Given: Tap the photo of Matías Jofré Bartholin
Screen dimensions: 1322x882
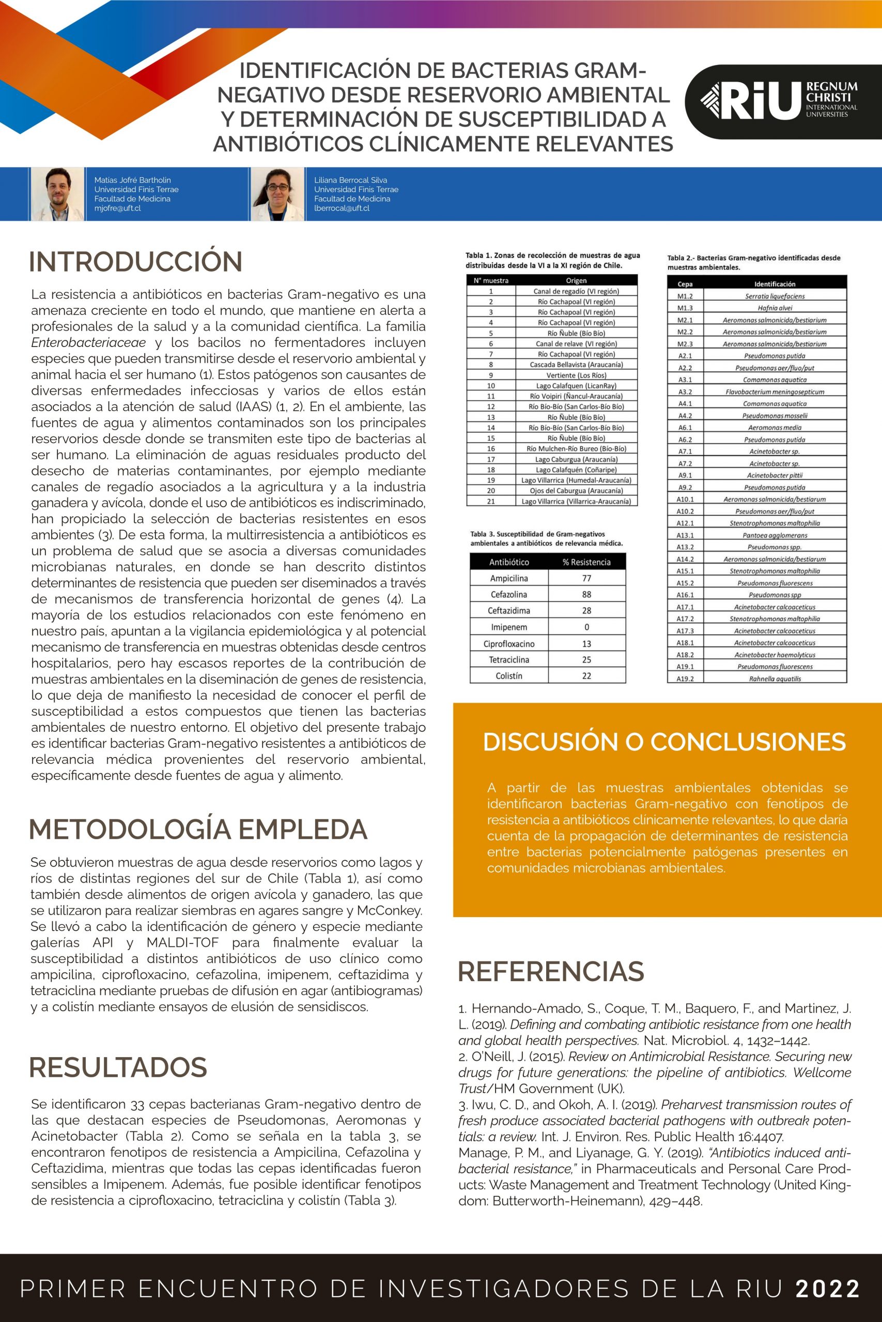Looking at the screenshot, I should pyautogui.click(x=57, y=194).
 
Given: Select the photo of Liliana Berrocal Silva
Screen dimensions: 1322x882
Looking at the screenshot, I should pyautogui.click(x=277, y=194).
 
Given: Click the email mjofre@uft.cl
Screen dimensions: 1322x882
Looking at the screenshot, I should pyautogui.click(x=118, y=209).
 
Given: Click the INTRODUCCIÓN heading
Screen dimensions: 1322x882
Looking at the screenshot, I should pyautogui.click(x=135, y=262).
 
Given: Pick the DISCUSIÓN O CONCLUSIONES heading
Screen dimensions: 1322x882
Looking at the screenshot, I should pyautogui.click(x=664, y=742).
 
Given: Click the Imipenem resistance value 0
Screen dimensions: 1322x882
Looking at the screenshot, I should pyautogui.click(x=586, y=627).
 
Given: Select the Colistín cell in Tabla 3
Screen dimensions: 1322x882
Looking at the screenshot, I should pyautogui.click(x=509, y=676).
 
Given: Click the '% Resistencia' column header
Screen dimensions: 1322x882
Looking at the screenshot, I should pyautogui.click(x=586, y=562).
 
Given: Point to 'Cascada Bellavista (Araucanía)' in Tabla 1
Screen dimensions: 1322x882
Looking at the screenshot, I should pyautogui.click(x=576, y=365).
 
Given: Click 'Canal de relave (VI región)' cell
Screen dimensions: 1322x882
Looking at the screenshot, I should pyautogui.click(x=576, y=343).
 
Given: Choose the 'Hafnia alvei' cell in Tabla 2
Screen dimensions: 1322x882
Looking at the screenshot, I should pyautogui.click(x=775, y=308).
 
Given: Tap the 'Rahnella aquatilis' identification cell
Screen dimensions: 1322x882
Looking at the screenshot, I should pyautogui.click(x=775, y=679).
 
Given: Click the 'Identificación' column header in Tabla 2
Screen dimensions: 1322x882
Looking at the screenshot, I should pyautogui.click(x=775, y=284).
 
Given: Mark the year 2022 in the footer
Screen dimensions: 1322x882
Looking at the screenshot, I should pyautogui.click(x=827, y=1288).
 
